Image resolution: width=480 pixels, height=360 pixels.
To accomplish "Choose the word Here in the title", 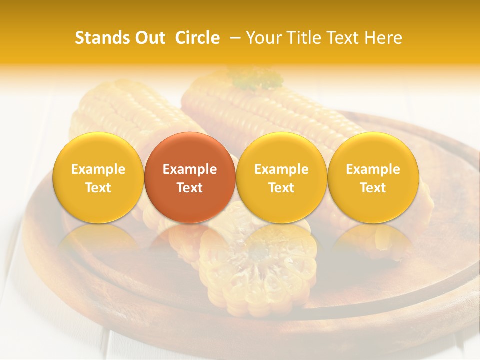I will pos(383,38).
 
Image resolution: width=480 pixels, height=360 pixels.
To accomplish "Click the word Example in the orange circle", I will pos(190,169).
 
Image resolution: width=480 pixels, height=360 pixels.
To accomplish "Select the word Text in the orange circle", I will pos(190,188).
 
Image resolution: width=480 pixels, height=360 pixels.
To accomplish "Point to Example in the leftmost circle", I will pos(98,169).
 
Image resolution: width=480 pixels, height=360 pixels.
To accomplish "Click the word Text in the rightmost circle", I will pos(373,188).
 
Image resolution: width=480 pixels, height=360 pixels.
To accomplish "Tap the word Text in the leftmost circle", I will pos(98,188).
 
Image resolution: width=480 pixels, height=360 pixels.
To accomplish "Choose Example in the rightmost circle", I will pos(373,169).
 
